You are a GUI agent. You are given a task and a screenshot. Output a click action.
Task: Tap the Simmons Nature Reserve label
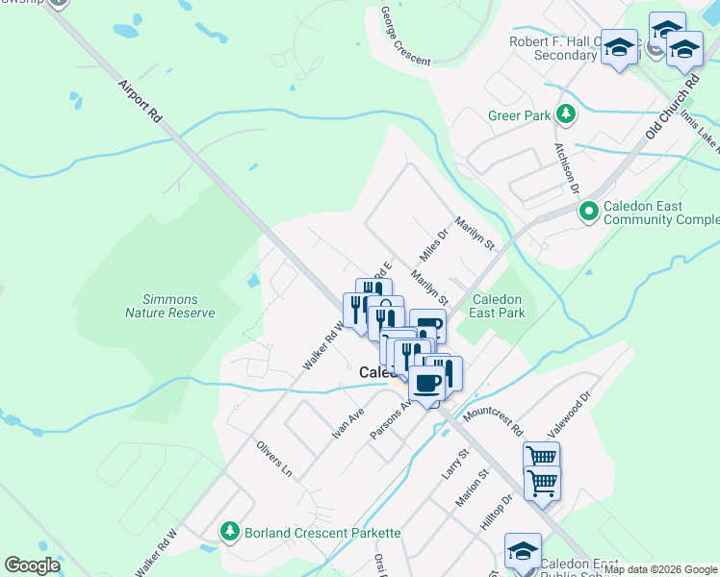(x=170, y=306)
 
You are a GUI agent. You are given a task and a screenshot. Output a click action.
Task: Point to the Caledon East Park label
(x=497, y=306)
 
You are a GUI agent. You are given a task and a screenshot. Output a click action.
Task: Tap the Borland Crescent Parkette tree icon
(x=230, y=531)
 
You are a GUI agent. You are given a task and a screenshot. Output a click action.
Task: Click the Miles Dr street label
(x=435, y=246)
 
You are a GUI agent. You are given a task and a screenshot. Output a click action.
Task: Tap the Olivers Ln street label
(x=273, y=460)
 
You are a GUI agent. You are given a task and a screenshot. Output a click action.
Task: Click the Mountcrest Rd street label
(x=492, y=419)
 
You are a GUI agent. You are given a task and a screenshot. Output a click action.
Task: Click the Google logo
(x=32, y=565)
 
